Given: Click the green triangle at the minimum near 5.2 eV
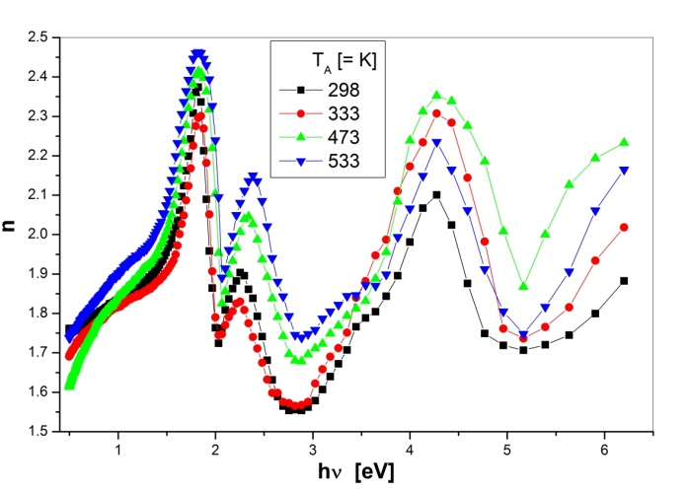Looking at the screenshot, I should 523,285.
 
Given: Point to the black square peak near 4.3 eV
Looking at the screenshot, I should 436,195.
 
